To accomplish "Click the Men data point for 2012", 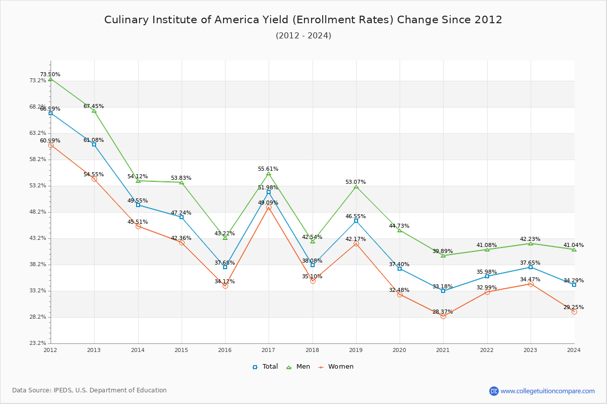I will click(51, 79).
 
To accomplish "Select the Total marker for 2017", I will click(269, 192).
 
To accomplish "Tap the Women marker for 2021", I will click(443, 316).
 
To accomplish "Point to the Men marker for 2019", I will click(356, 187).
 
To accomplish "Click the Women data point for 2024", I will click(574, 312).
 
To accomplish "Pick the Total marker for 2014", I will click(138, 205).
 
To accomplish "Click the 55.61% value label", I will click(268, 169).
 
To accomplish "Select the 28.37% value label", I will click(443, 312).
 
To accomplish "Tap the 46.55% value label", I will click(356, 217).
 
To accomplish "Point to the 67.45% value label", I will click(94, 107).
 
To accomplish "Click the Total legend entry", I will click(266, 367).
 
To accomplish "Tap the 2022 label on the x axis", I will click(487, 349).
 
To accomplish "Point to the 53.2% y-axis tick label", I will click(38, 186).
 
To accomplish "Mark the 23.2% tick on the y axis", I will click(38, 343).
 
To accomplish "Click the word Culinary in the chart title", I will click(124, 20).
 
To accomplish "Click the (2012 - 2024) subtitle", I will click(303, 36).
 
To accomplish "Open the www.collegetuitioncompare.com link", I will click(547, 391).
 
